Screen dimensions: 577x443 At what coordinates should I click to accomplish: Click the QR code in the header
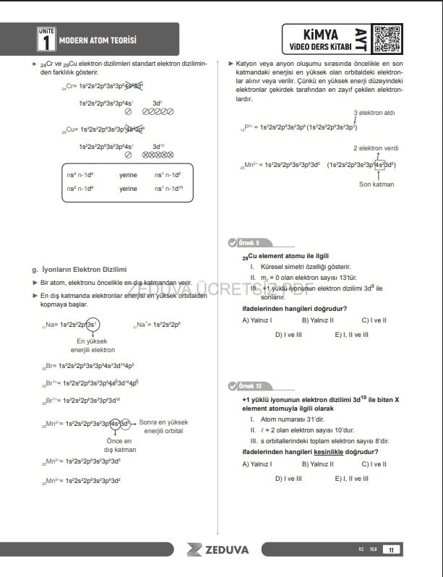[x=388, y=38]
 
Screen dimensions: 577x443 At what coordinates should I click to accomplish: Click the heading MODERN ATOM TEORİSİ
[x=98, y=40]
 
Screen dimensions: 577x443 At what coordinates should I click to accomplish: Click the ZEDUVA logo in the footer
[x=218, y=550]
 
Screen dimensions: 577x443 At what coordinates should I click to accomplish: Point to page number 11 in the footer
[x=391, y=550]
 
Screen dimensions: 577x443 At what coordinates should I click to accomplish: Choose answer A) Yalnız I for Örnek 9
[x=257, y=320]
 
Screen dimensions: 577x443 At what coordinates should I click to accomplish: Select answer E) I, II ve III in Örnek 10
[x=351, y=478]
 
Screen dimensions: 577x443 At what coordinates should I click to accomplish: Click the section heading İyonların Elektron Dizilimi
[x=84, y=269]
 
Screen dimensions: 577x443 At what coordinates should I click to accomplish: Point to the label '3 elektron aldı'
[x=374, y=113]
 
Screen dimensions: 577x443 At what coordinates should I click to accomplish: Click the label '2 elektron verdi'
[x=376, y=148]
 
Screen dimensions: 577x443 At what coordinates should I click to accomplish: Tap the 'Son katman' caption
[x=377, y=184]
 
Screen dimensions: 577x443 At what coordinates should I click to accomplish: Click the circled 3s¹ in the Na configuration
[x=92, y=324]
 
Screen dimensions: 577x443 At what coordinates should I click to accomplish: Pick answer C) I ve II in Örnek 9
[x=374, y=320]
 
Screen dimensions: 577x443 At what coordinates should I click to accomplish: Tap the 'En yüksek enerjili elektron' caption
[x=91, y=345]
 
